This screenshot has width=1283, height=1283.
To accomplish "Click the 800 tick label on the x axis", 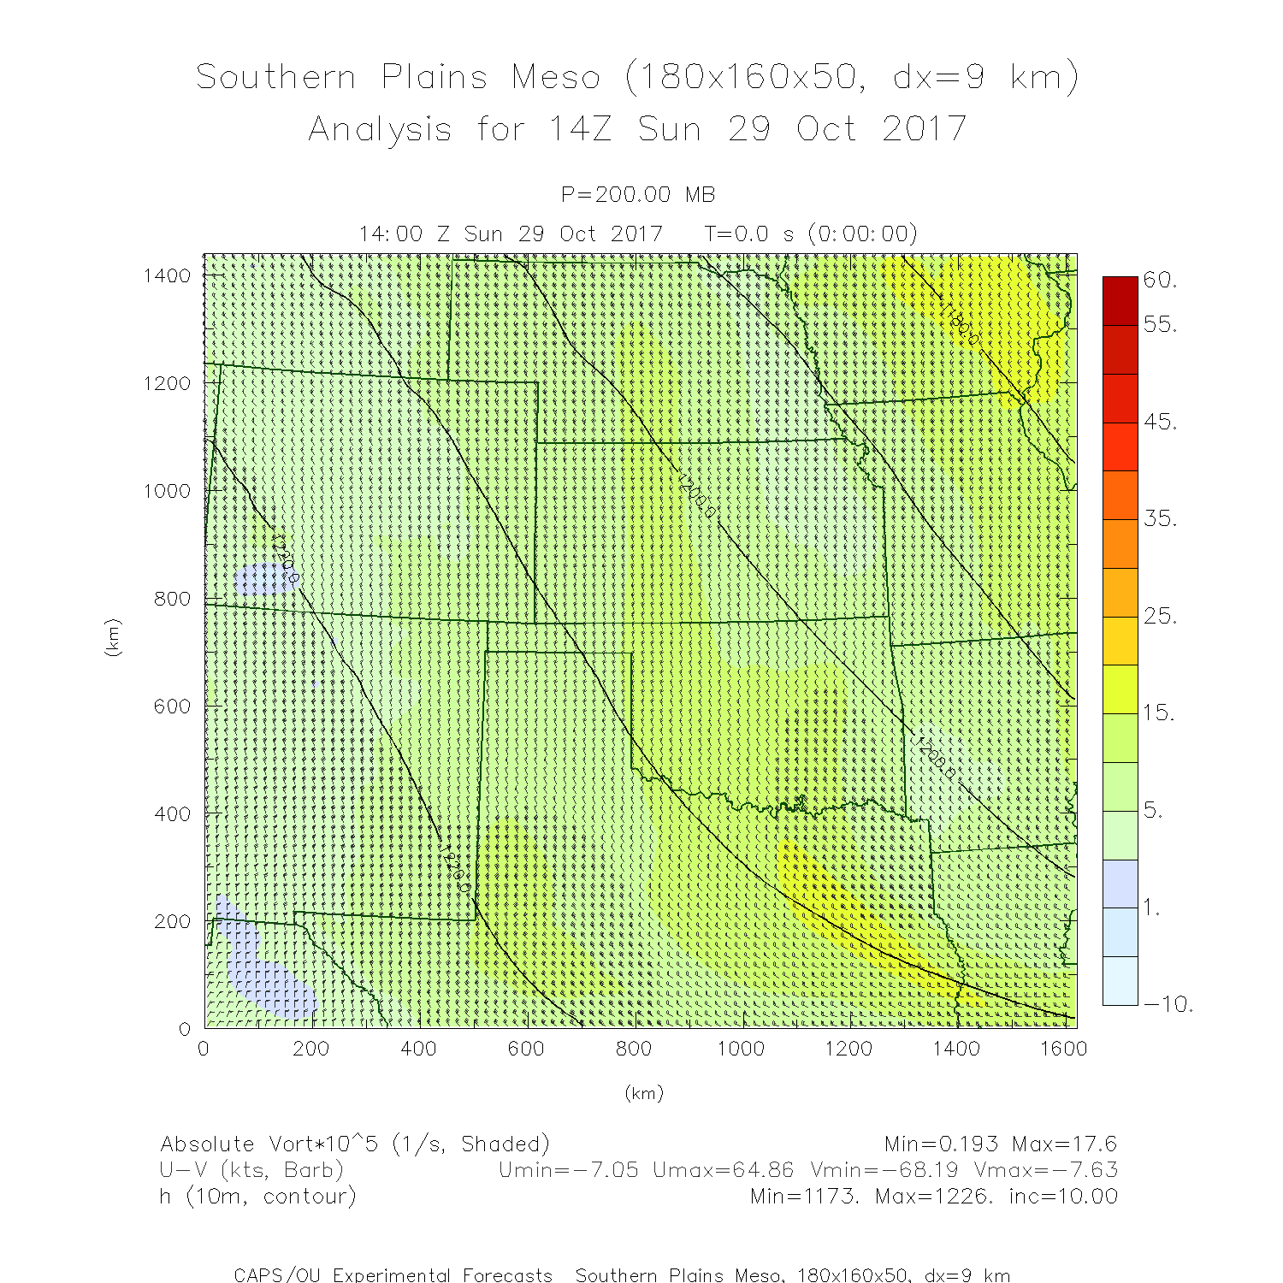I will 633,1049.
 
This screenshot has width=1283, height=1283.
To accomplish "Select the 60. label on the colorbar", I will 1160,280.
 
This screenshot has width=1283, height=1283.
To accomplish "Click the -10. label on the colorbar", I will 1168,1004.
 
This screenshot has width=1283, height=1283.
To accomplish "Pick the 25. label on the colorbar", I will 1160,616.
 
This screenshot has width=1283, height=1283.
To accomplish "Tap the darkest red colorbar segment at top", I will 1120,300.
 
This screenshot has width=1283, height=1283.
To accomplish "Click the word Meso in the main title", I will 556,78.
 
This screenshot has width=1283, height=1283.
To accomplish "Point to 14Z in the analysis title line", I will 580,130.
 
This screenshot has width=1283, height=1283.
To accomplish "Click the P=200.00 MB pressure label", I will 638,195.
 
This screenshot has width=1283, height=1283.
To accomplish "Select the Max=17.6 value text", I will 1064,1144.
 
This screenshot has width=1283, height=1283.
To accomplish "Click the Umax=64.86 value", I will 723,1170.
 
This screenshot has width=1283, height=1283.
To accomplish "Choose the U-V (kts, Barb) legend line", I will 251,1170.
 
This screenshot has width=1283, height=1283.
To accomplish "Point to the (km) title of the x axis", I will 644,1093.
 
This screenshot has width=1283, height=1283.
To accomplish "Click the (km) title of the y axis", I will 112,637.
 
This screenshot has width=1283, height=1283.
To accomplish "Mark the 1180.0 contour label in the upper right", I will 961,324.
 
